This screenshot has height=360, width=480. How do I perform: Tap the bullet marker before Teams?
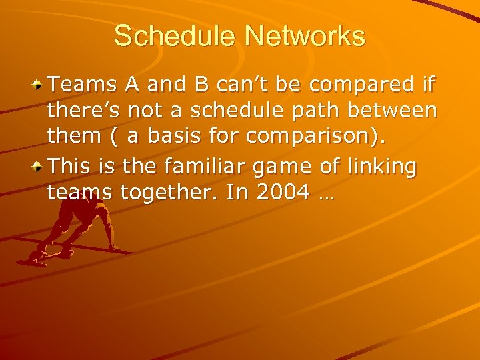(41, 85)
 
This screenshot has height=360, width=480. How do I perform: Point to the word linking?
(387, 166)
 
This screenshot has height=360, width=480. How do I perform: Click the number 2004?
(283, 193)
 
